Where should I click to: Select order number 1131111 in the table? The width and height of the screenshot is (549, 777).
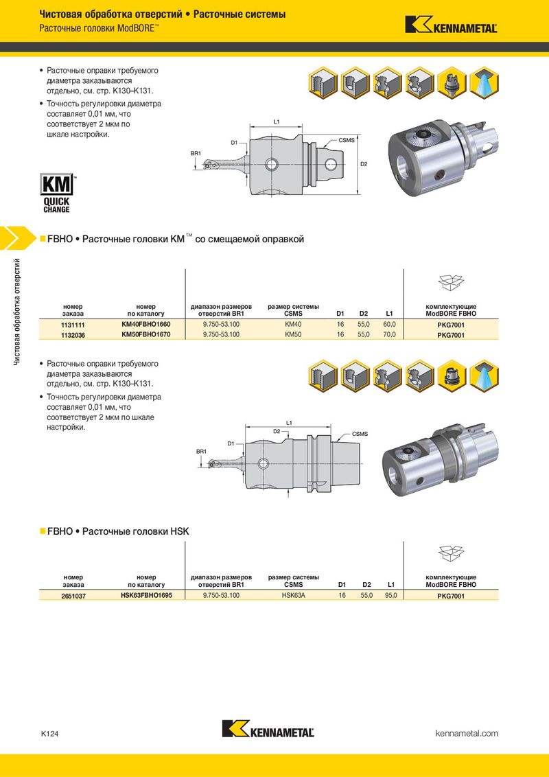[x=73, y=324]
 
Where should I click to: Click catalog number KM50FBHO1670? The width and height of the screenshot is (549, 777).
[x=145, y=334]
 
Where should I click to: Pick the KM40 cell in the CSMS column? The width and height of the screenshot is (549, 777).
[x=293, y=324]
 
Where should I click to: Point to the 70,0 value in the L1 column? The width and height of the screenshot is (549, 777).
[x=389, y=334]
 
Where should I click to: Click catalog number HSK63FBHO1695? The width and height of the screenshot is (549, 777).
[x=146, y=596]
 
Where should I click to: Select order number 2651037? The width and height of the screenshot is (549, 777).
[x=73, y=596]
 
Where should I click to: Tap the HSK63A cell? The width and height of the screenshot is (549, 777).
[x=293, y=596]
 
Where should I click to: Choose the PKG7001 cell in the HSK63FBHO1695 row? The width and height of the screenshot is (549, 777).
[x=451, y=596]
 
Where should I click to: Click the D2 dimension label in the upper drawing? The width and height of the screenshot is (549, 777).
[x=364, y=165]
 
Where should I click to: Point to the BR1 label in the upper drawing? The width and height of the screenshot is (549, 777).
[x=196, y=152]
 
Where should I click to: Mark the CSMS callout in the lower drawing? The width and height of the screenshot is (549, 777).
[x=360, y=434]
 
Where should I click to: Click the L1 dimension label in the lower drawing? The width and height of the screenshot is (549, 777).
[x=289, y=421]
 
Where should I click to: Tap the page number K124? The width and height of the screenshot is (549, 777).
[x=49, y=734]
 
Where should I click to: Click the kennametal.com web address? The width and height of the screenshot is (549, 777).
[x=467, y=734]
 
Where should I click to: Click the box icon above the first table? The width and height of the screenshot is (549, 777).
[x=449, y=282]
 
